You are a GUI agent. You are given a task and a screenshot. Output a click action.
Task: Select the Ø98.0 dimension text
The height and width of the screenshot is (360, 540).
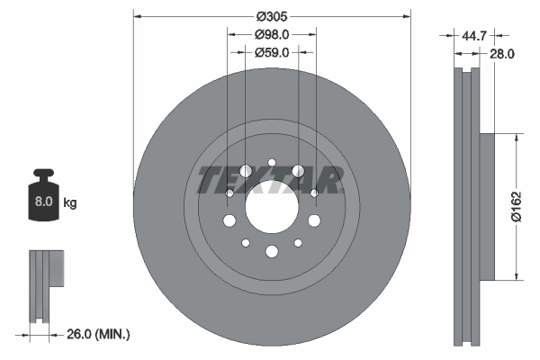(x=271, y=35)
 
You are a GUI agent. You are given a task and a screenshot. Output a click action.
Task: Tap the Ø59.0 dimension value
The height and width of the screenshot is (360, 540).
(x=271, y=53)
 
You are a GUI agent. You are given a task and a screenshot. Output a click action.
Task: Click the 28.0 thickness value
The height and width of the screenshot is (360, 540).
(x=502, y=54)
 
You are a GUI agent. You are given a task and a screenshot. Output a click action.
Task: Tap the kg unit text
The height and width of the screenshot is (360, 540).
(x=70, y=203)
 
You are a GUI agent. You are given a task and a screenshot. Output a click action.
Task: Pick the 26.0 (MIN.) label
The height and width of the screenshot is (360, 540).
(x=99, y=334)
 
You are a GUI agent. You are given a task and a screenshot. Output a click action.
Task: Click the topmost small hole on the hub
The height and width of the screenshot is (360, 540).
(x=271, y=163)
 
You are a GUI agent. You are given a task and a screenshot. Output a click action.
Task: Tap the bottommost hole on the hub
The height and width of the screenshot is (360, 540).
(x=271, y=252)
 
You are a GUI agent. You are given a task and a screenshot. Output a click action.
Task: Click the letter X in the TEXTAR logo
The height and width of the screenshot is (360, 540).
(x=267, y=180)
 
